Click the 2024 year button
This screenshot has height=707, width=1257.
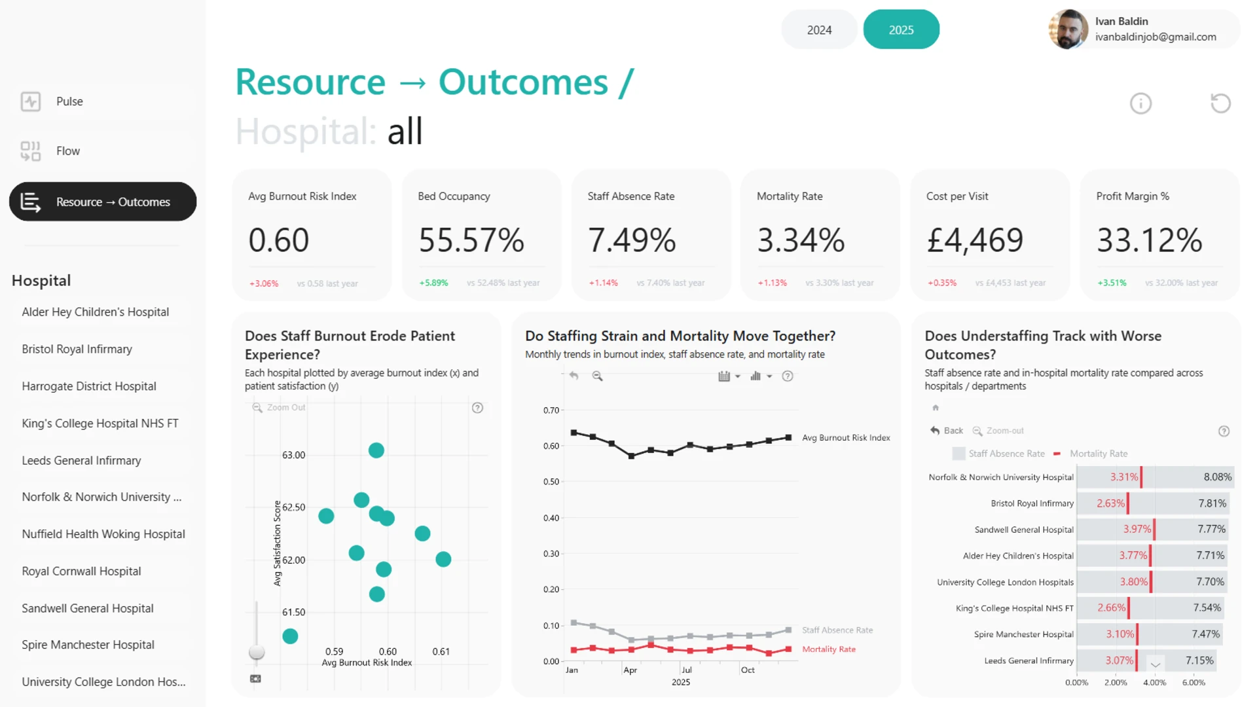(x=819, y=29)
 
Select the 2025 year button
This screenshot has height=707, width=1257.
(x=901, y=29)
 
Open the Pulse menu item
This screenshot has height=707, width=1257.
(x=69, y=101)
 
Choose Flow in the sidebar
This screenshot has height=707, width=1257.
(x=68, y=151)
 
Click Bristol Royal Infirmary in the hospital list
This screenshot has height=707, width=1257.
(x=77, y=349)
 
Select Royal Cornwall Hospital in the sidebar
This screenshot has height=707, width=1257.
(x=81, y=571)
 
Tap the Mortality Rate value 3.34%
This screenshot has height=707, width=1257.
(x=801, y=240)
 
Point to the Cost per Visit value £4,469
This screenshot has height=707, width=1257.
(x=975, y=240)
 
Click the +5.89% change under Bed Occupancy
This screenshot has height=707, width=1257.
(x=433, y=283)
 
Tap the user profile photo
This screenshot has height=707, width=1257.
(x=1068, y=29)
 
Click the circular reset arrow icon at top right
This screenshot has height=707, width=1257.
(x=1220, y=103)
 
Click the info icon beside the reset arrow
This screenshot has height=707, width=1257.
(x=1140, y=103)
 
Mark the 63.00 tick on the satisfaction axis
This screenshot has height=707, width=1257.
(x=293, y=455)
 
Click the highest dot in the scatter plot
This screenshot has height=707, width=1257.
(x=376, y=450)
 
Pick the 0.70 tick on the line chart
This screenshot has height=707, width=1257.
(x=551, y=410)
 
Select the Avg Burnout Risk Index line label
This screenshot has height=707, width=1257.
(x=846, y=438)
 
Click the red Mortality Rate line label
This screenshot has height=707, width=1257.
(x=829, y=649)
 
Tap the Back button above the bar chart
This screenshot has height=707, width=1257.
(x=947, y=431)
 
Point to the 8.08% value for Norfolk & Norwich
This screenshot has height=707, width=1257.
(x=1218, y=477)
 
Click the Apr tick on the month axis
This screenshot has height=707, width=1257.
(x=630, y=670)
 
